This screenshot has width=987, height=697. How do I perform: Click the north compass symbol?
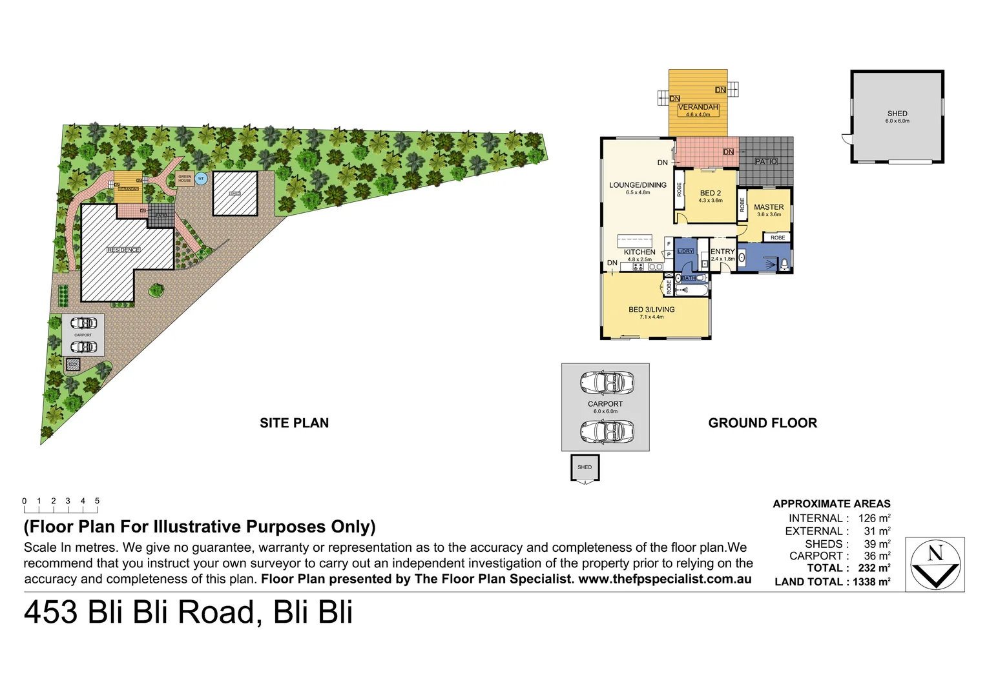pyautogui.click(x=935, y=565)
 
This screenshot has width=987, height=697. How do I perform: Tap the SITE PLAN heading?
pyautogui.click(x=294, y=423)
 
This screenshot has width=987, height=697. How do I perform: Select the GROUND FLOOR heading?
pyautogui.click(x=762, y=423)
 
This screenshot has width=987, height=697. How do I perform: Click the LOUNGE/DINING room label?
pyautogui.click(x=638, y=185)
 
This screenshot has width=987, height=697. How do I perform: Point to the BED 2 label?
pyautogui.click(x=710, y=193)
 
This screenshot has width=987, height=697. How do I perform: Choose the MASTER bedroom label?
pyautogui.click(x=769, y=207)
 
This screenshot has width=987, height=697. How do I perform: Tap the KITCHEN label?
pyautogui.click(x=639, y=252)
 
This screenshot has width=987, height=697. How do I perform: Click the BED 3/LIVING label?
pyautogui.click(x=651, y=310)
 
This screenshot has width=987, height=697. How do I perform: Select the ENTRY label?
pyautogui.click(x=723, y=252)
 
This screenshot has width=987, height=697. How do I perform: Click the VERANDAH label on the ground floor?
pyautogui.click(x=698, y=108)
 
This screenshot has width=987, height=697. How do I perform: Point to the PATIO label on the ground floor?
pyautogui.click(x=766, y=161)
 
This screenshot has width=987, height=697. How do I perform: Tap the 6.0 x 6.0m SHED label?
pyautogui.click(x=897, y=114)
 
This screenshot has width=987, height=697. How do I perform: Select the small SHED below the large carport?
pyautogui.click(x=585, y=467)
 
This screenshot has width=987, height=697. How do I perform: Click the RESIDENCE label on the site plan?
pyautogui.click(x=123, y=250)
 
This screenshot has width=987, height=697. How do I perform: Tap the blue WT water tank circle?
pyautogui.click(x=201, y=179)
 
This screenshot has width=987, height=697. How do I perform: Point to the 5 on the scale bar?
pyautogui.click(x=98, y=501)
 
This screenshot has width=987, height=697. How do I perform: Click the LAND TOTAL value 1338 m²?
pyautogui.click(x=871, y=581)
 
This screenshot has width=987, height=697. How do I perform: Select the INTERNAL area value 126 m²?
pyautogui.click(x=874, y=518)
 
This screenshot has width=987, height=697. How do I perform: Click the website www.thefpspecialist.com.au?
pyautogui.click(x=665, y=579)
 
